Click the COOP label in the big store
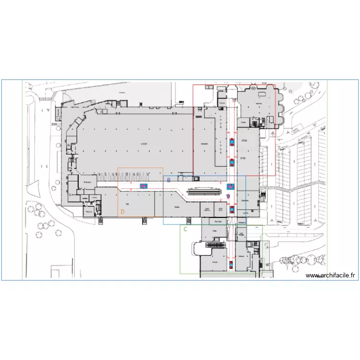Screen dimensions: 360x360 click(x=144, y=144)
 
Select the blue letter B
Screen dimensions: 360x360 click(x=168, y=180)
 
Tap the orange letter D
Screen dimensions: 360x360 click(x=122, y=211)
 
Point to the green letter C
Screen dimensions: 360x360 click(x=185, y=229)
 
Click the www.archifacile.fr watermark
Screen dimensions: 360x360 click(x=331, y=276)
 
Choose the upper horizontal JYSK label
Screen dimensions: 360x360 click(x=244, y=141)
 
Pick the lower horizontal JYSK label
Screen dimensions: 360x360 click(x=243, y=157)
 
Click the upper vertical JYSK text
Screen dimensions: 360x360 click(x=221, y=120)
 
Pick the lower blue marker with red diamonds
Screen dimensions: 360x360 click(x=231, y=162)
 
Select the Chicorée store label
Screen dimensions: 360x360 click(x=215, y=263)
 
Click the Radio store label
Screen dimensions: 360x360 click(x=177, y=207)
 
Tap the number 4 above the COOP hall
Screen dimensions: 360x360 click(x=104, y=110)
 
